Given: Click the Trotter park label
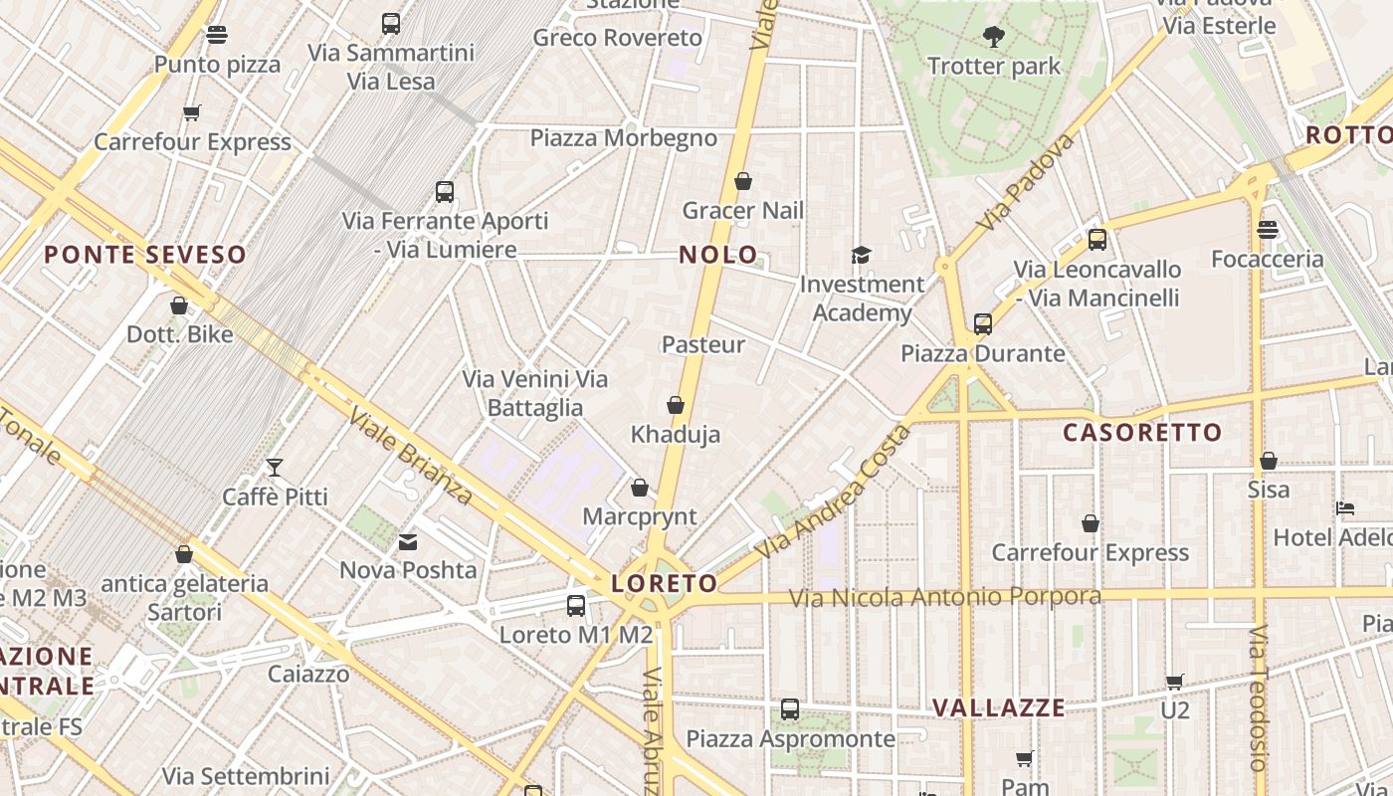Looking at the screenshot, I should (x=994, y=67).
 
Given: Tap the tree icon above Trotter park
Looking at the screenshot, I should (x=993, y=38).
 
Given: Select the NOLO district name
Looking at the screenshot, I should (x=718, y=255).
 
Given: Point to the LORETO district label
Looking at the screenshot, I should (x=665, y=583).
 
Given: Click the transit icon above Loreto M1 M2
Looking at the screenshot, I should (x=576, y=605).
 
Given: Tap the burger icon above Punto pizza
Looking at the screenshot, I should (x=217, y=36).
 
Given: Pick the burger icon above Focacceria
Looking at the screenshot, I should (x=1267, y=230).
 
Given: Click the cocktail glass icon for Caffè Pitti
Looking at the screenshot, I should (x=275, y=467).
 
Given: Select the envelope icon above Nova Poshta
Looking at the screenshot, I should (x=408, y=541).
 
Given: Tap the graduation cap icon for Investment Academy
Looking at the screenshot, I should (x=861, y=256).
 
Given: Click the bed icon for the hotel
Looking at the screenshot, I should (x=1345, y=508).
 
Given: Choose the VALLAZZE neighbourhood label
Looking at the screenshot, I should (x=998, y=708).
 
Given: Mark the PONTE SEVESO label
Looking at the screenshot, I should (x=145, y=255).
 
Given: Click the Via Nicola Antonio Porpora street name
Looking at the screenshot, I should (x=945, y=597).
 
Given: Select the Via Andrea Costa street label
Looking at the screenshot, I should (x=833, y=491).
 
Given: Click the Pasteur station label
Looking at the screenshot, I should (x=703, y=344).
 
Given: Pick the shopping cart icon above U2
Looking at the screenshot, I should (x=1175, y=682).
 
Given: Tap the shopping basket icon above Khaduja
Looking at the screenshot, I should (x=676, y=405).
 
